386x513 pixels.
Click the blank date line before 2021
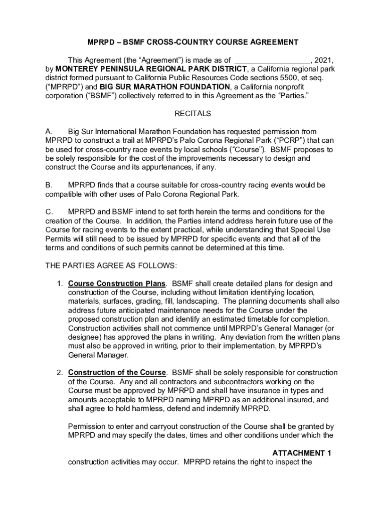tap(274, 60)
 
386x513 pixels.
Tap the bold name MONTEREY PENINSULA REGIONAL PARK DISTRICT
tap(151, 69)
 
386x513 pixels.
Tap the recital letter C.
tap(48, 212)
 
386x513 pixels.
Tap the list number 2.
tap(59, 373)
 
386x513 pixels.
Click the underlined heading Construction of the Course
tap(117, 373)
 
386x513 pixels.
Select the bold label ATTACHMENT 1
tap(302, 453)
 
